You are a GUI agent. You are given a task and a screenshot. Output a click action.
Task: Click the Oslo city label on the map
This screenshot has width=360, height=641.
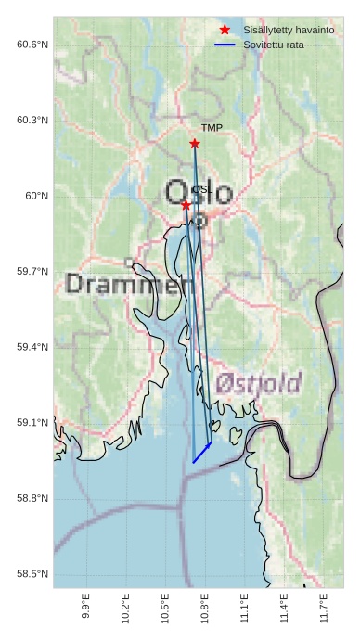click(199, 193)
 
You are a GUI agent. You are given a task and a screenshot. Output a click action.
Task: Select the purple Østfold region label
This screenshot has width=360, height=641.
click(259, 383)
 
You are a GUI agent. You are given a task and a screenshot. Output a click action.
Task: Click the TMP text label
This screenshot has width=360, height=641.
click(212, 128)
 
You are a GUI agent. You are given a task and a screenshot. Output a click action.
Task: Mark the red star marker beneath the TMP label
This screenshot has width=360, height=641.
click(195, 144)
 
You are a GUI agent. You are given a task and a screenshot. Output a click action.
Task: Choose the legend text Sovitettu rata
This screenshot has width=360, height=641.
click(273, 45)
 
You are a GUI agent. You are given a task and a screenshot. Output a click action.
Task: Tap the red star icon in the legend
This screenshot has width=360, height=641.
click(225, 31)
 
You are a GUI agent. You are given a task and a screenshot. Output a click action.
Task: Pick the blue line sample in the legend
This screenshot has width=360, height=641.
click(225, 45)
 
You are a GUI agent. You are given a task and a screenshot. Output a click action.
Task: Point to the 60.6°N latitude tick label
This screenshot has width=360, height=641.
click(32, 45)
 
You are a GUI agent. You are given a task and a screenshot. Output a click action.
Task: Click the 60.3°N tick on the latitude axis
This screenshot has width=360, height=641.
click(32, 121)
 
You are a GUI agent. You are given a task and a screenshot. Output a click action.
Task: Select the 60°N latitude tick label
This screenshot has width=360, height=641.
click(37, 196)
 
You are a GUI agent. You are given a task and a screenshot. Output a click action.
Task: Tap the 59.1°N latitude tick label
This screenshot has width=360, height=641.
click(32, 423)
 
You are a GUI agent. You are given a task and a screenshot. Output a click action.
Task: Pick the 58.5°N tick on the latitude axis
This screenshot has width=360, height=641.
click(32, 574)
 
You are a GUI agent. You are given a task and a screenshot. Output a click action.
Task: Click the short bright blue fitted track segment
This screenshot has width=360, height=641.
click(202, 453)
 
